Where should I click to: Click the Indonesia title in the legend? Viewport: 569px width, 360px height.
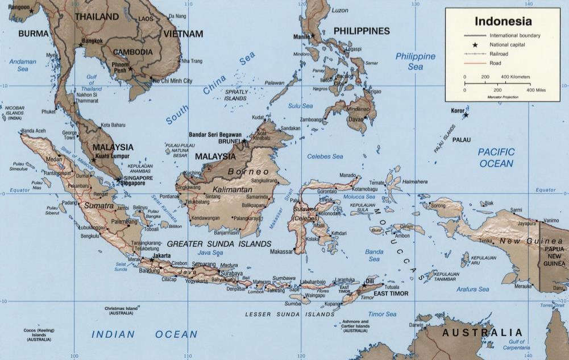point(503,22)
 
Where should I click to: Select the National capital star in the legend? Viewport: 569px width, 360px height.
point(475,44)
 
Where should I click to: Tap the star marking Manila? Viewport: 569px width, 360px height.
point(312,35)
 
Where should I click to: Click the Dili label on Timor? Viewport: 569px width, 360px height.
point(370,280)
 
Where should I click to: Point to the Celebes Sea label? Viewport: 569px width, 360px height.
point(325,156)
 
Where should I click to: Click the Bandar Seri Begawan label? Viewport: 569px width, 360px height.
point(215,135)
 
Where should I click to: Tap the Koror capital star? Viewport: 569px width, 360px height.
point(466,115)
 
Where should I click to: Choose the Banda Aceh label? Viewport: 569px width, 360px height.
point(34,131)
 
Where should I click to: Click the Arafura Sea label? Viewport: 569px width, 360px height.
point(472,289)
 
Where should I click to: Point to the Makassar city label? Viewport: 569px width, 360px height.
point(281,251)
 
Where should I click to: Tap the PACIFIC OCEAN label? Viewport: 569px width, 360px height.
point(495,158)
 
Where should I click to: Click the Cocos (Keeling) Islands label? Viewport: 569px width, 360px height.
point(39,334)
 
